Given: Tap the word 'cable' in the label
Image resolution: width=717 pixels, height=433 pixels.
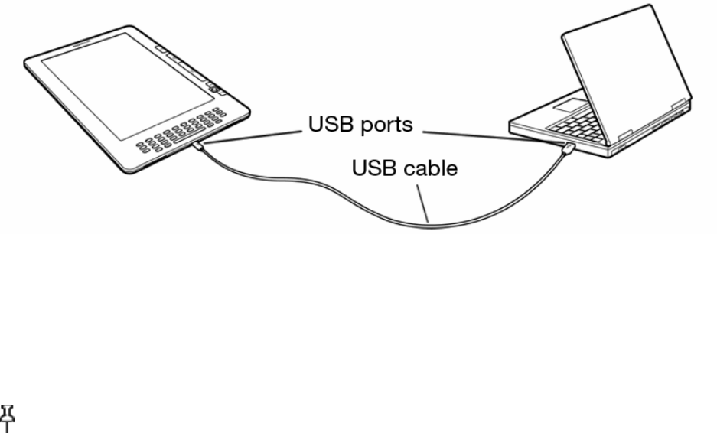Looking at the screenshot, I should (429, 168).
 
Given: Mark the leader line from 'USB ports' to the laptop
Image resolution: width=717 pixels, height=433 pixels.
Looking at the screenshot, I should (490, 136).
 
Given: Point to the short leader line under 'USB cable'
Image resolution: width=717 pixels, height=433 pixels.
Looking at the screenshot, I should (423, 200).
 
